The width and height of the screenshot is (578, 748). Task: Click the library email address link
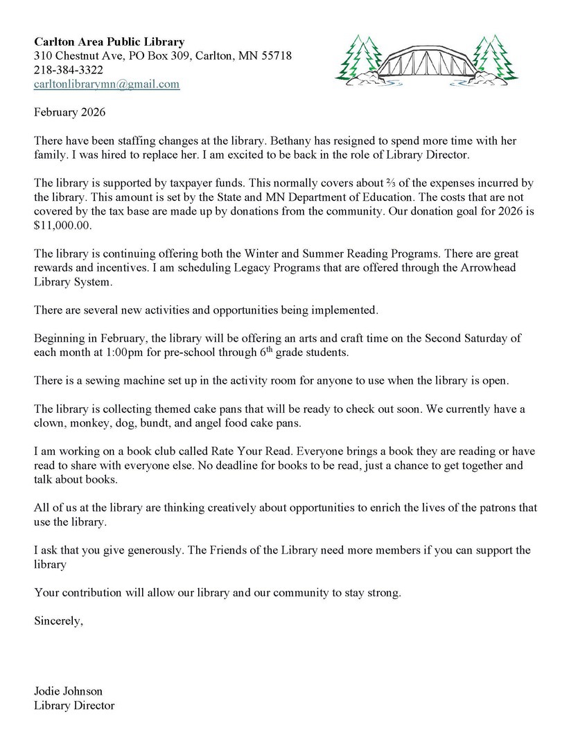click(x=107, y=84)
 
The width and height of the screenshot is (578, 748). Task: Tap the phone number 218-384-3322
click(x=69, y=70)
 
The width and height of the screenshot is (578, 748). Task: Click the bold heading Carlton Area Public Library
click(x=110, y=42)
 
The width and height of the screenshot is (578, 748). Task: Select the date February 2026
click(x=68, y=112)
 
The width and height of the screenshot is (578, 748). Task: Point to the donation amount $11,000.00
click(x=62, y=226)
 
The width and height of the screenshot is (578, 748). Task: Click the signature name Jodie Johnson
click(x=68, y=691)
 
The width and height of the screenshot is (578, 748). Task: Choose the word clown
click(x=49, y=423)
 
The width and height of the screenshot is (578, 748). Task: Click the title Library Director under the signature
click(x=74, y=706)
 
